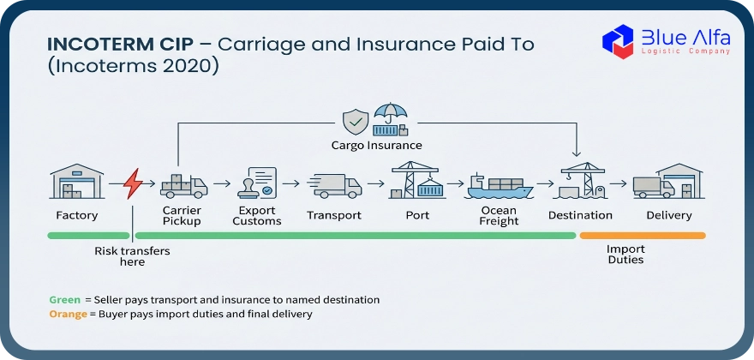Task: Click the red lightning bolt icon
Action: [132, 183]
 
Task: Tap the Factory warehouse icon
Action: [76, 182]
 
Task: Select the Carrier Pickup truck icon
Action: [183, 186]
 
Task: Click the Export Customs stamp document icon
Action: [257, 183]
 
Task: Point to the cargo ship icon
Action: [499, 187]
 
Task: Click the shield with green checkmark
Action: [356, 122]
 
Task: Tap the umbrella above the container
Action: [391, 112]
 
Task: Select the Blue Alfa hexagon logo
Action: [618, 42]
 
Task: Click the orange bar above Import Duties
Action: [643, 236]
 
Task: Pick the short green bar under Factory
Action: [89, 236]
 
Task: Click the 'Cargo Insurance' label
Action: [376, 146]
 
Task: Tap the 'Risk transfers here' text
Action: [132, 256]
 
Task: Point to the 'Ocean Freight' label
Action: [499, 216]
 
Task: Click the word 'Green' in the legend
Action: [65, 300]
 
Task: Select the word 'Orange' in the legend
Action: [69, 315]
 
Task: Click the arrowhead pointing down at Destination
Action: [576, 153]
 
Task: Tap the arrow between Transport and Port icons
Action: [375, 183]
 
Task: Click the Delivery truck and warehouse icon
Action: [668, 182]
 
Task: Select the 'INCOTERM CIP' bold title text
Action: [121, 45]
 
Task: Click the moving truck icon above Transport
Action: [334, 186]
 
